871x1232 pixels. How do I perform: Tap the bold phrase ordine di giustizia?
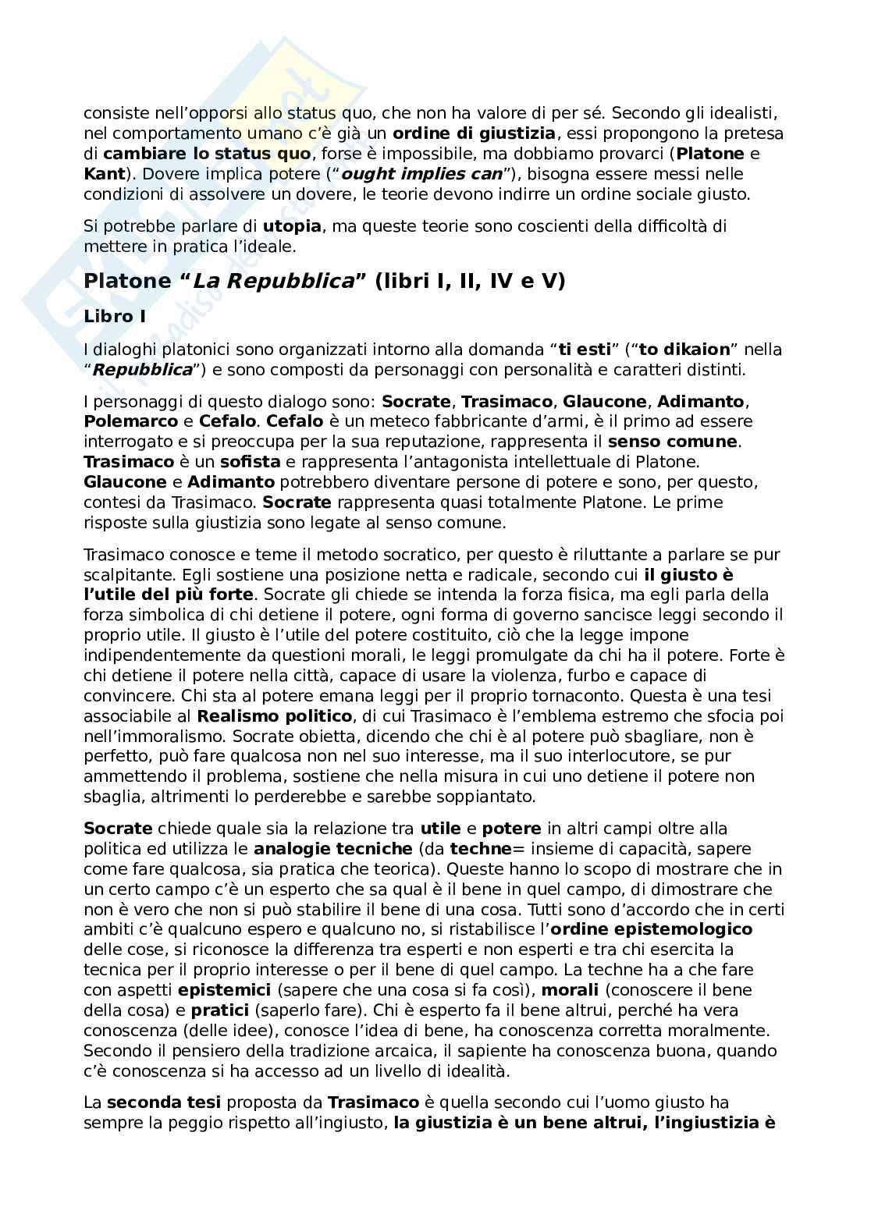475,133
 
